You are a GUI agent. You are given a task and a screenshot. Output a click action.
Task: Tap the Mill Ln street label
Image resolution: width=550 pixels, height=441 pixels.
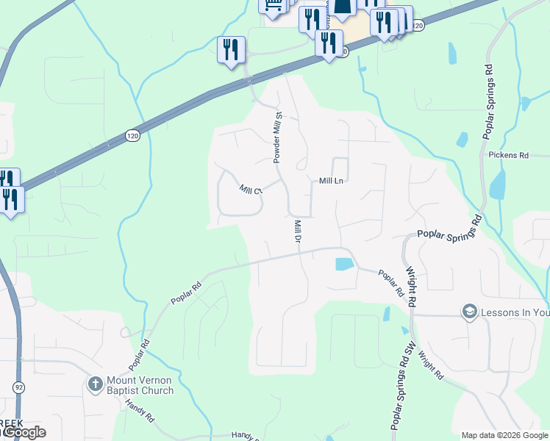point(332,181)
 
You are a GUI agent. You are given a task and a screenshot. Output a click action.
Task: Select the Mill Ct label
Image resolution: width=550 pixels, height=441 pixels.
point(251,190)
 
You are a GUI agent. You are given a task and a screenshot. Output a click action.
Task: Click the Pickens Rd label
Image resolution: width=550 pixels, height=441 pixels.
point(509,156)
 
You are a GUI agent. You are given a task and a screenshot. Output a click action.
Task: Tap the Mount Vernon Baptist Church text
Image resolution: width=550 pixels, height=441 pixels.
point(139,385)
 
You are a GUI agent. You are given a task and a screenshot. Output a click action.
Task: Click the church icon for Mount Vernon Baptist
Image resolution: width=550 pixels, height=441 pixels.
point(94,384)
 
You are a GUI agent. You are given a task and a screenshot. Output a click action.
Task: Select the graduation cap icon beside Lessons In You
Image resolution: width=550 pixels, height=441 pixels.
point(468,312)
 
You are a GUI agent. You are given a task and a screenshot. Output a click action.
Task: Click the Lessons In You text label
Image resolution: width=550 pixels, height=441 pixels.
point(515,312)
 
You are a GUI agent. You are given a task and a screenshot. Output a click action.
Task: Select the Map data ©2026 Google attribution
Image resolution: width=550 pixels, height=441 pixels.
point(504,435)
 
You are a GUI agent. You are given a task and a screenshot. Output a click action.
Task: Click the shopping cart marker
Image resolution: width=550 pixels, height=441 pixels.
point(272,6)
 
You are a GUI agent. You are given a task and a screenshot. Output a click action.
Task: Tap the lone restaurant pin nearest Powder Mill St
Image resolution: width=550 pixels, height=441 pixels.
point(232,51)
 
